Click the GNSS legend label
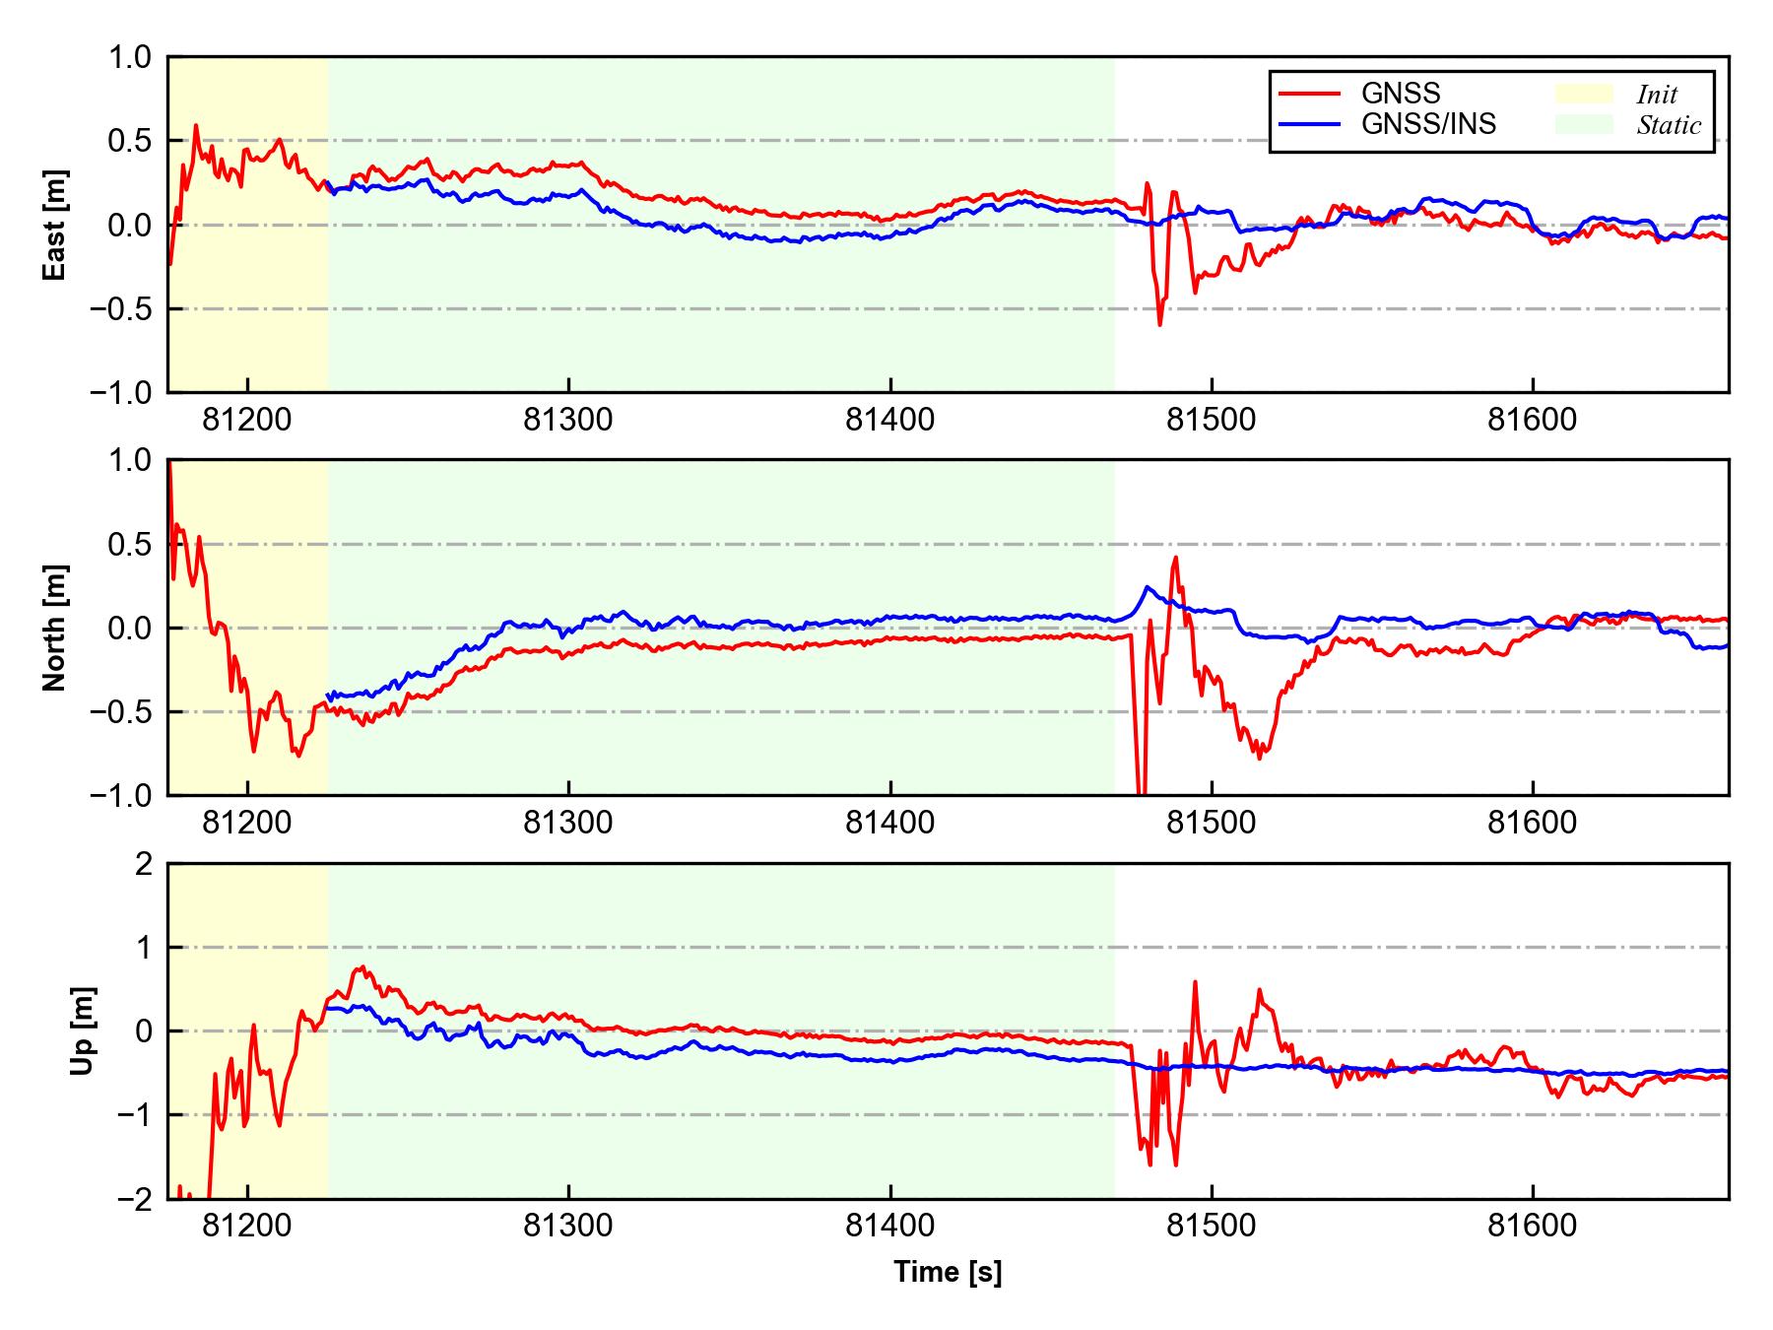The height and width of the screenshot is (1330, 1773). click(x=1401, y=94)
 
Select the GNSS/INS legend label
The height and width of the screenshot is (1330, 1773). click(x=1428, y=124)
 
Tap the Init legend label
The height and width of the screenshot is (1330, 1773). click(x=1657, y=95)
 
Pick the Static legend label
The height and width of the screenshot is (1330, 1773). click(x=1669, y=125)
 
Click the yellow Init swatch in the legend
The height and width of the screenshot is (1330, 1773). click(x=1584, y=94)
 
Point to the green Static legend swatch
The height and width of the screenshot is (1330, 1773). click(x=1584, y=124)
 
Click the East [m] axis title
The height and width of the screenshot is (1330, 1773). click(x=55, y=225)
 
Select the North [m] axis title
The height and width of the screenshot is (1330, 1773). click(x=55, y=628)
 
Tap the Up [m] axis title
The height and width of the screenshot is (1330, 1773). click(x=83, y=1031)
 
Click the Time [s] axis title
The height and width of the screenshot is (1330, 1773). click(x=948, y=1273)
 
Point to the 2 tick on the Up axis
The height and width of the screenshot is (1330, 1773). click(x=145, y=864)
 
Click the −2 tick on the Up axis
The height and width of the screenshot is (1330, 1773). click(x=135, y=1199)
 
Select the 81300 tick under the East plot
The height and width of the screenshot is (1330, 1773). click(x=568, y=421)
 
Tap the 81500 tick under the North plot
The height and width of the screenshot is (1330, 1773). click(x=1211, y=823)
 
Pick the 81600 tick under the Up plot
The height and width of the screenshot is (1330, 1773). click(x=1532, y=1227)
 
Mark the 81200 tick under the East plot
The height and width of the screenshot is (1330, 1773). click(x=247, y=421)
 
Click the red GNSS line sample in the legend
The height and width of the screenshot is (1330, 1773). click(x=1309, y=94)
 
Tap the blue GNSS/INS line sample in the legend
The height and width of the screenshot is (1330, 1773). click(x=1309, y=124)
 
